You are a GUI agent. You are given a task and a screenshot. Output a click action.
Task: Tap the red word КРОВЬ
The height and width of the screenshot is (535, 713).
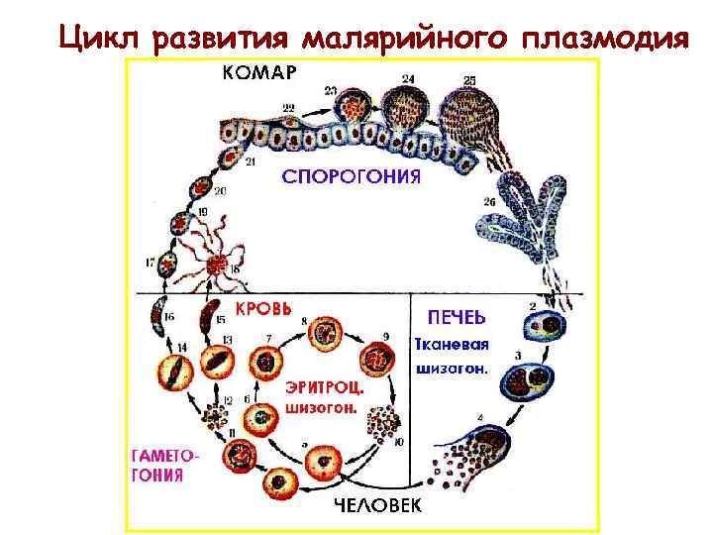[262, 308]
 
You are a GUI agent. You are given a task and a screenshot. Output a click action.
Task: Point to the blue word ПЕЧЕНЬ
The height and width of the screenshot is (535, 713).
[456, 317]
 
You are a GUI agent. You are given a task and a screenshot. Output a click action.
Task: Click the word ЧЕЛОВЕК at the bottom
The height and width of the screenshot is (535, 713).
[376, 506]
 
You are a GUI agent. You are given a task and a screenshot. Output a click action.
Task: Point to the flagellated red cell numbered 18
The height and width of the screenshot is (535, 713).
[216, 267]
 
